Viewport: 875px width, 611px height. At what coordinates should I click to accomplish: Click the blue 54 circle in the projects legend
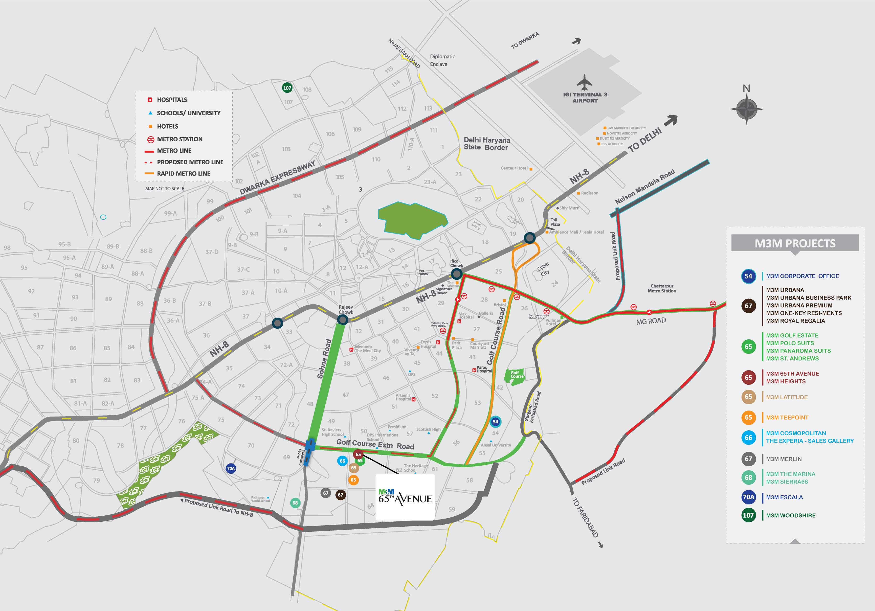pos(748,276)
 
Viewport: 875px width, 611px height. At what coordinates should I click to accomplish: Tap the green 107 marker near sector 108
pos(287,88)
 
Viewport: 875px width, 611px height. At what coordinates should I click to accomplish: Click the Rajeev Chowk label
pos(346,309)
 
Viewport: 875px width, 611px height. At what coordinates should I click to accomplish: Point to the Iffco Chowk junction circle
pos(457,274)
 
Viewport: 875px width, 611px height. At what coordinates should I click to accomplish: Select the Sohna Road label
pos(324,359)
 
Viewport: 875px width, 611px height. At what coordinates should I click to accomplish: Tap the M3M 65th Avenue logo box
pos(405,497)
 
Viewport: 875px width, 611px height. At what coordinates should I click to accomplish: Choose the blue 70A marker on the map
pos(231,468)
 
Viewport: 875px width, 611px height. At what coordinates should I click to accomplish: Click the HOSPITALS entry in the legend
pos(172,100)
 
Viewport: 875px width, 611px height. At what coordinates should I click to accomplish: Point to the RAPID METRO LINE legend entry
pos(183,174)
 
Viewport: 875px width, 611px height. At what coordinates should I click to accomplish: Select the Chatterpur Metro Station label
pos(662,288)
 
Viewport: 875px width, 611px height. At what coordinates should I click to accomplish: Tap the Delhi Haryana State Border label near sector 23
pos(486,144)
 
